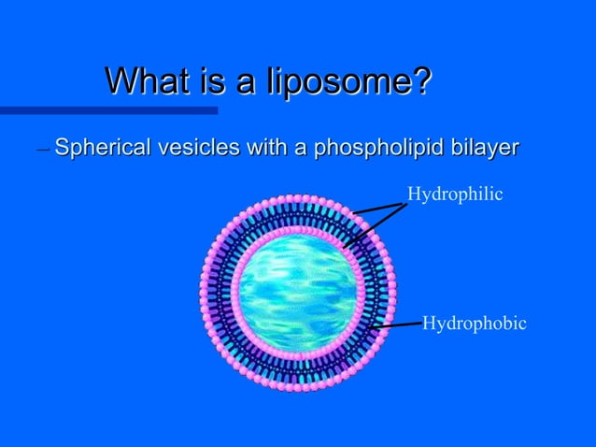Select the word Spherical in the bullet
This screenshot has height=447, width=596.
click(x=97, y=148)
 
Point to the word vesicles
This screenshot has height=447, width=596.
click(x=190, y=148)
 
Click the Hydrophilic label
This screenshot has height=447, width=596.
click(x=455, y=194)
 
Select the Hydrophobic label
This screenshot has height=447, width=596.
click(x=475, y=324)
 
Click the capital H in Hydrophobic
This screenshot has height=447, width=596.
click(x=429, y=324)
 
